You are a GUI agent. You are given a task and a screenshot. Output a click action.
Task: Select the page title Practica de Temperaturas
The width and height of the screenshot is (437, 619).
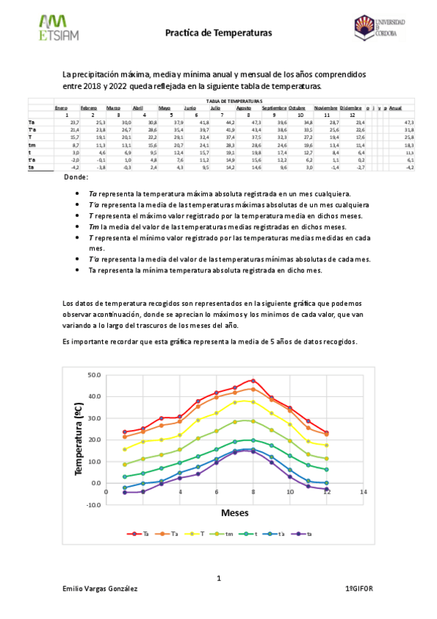[218, 33]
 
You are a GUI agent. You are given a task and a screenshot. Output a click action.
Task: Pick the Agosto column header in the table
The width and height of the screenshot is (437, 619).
[244, 108]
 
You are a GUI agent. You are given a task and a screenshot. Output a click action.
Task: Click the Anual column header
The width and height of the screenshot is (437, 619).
[395, 108]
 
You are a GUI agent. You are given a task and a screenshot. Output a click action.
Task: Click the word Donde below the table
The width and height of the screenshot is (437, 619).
[76, 177]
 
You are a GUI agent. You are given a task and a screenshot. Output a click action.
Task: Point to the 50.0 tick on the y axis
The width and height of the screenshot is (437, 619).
[94, 375]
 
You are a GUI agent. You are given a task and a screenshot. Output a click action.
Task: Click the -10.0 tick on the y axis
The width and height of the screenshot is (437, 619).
[93, 504]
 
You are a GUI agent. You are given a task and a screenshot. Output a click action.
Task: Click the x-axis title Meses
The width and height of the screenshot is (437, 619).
[235, 513]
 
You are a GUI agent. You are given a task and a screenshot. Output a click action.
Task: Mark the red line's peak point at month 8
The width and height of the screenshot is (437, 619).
[253, 380]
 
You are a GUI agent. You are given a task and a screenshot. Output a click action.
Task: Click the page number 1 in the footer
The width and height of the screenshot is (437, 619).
[218, 579]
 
